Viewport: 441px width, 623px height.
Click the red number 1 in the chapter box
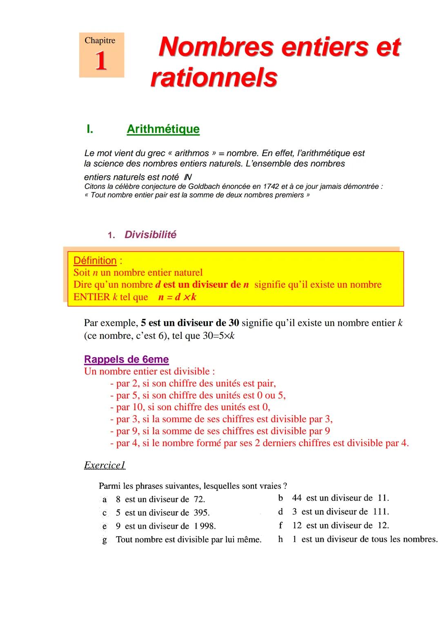[x=101, y=61]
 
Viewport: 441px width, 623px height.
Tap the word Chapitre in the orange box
[x=100, y=40]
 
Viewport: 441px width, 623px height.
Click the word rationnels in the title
[x=214, y=77]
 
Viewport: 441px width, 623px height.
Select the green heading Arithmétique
[x=163, y=129]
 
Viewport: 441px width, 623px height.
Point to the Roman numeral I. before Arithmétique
[x=90, y=129]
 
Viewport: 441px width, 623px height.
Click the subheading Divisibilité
[x=150, y=235]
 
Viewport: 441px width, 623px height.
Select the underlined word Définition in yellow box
[x=95, y=261]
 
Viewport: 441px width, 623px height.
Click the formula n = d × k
[x=177, y=297]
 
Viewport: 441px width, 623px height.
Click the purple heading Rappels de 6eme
[x=126, y=359]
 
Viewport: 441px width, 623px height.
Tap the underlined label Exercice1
[x=105, y=465]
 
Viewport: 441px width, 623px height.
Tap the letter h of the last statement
[x=281, y=539]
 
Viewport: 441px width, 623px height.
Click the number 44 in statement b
[x=297, y=498]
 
